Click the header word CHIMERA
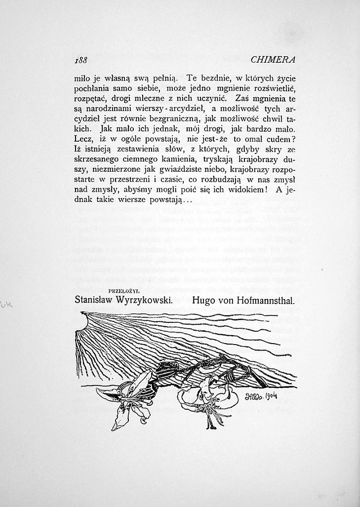pyautogui.click(x=273, y=60)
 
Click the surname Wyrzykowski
pyautogui.click(x=147, y=300)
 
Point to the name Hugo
pyautogui.click(x=204, y=299)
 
